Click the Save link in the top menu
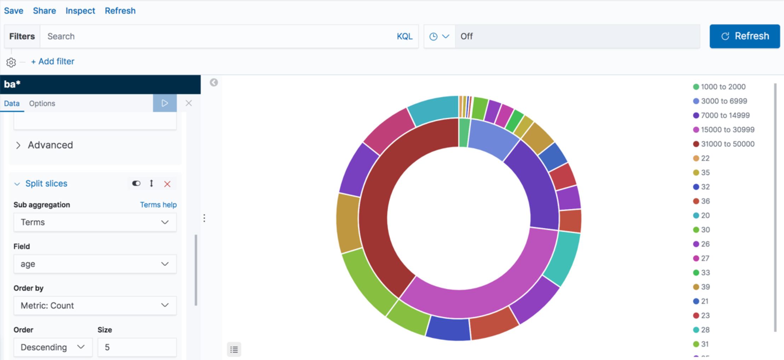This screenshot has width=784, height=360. (x=13, y=11)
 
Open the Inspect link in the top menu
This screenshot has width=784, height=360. (x=80, y=11)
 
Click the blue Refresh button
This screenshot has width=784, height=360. (x=744, y=36)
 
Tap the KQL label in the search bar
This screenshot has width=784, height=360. (x=404, y=36)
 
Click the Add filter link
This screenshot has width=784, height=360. (x=53, y=62)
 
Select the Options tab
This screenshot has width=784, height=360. (x=42, y=103)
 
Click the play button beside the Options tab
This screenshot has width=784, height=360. (x=165, y=103)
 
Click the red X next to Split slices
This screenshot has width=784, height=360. (x=167, y=184)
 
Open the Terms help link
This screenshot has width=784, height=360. (x=158, y=205)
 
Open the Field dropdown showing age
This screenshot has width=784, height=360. (x=95, y=264)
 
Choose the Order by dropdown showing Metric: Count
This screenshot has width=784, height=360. (x=95, y=306)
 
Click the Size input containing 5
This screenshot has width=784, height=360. (x=137, y=347)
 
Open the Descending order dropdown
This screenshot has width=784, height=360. (x=53, y=347)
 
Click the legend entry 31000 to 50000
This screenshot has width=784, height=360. (x=727, y=144)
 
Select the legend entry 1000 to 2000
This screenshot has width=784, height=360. (x=723, y=87)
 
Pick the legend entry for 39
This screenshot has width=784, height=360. (x=705, y=287)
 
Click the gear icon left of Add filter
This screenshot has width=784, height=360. (x=11, y=63)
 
